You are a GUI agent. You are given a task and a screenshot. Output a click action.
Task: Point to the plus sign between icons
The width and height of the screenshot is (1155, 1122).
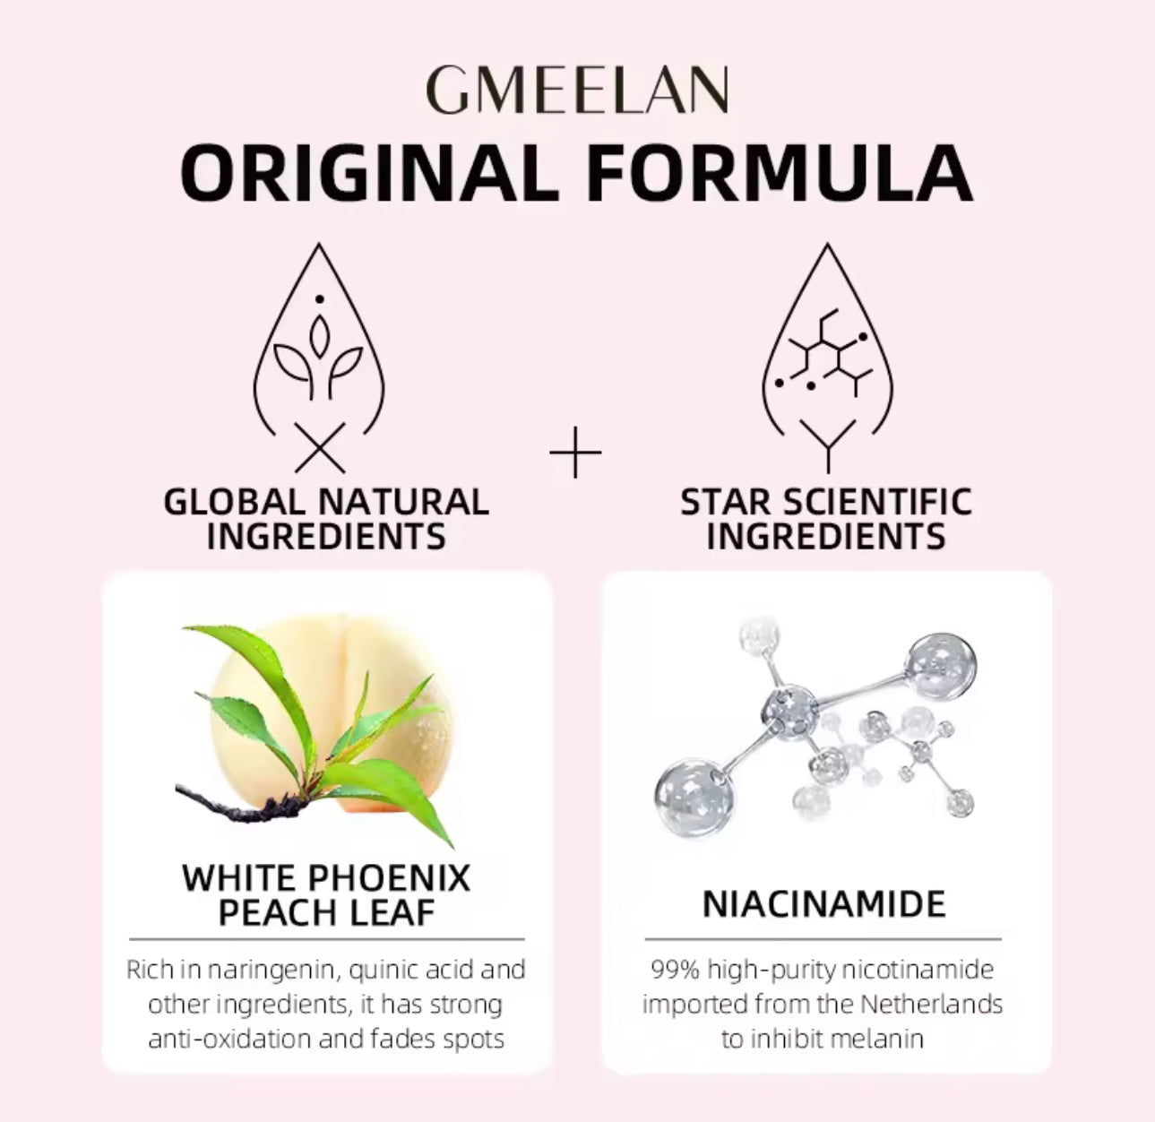[x=575, y=453]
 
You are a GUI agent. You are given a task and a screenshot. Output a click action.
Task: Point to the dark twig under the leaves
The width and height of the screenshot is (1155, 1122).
[x=224, y=803]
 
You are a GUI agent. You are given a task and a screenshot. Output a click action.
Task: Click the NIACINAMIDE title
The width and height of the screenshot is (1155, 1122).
[x=823, y=904]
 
